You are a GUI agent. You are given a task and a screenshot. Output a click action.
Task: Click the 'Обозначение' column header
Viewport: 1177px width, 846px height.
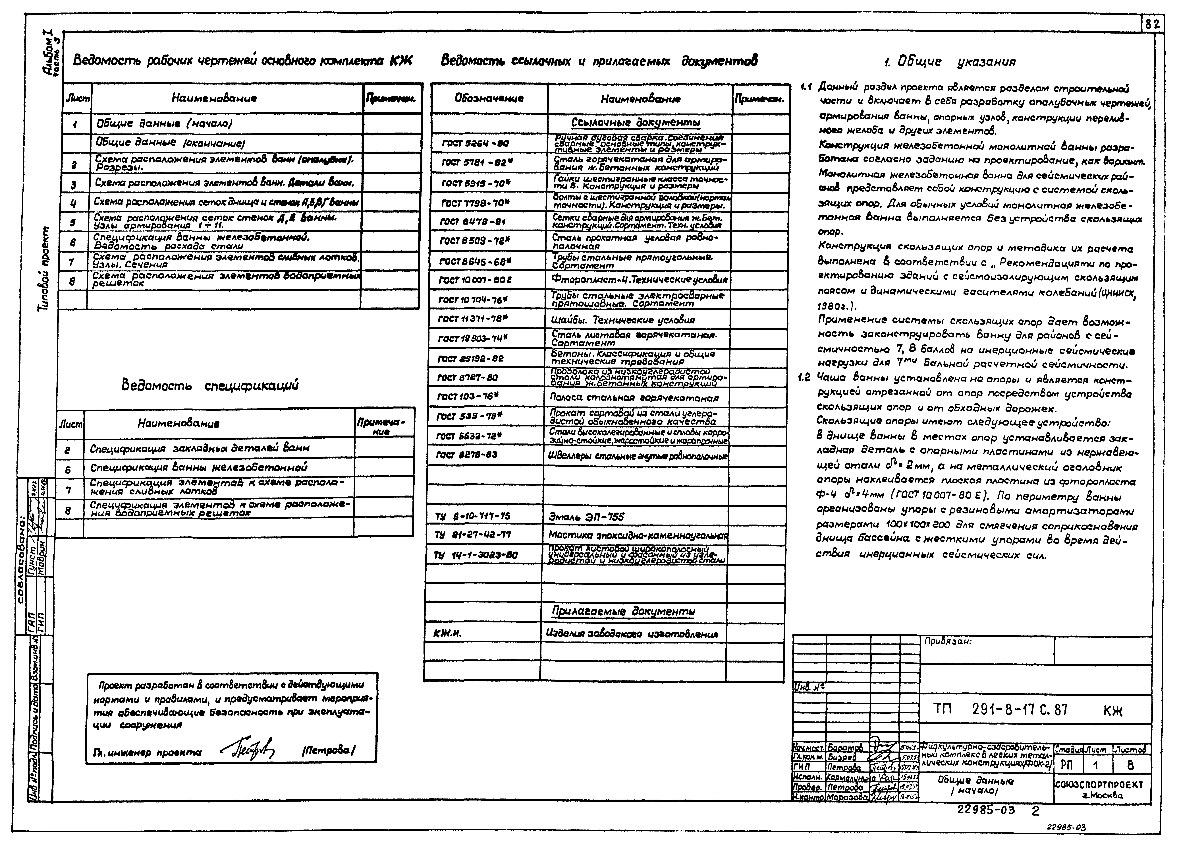tap(489, 98)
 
